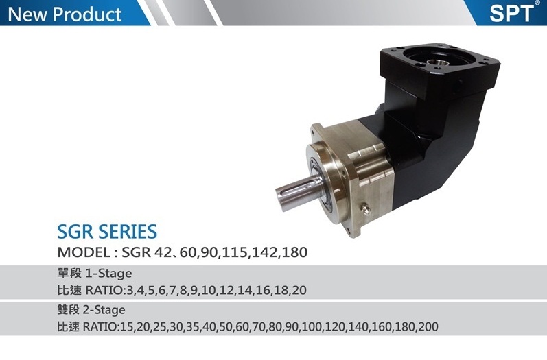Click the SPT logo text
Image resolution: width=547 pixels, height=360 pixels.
tap(511, 13)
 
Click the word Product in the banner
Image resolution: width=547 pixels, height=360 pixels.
tap(88, 14)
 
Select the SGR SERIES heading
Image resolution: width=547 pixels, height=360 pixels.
tap(107, 231)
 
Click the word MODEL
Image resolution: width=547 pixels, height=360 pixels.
tap(84, 252)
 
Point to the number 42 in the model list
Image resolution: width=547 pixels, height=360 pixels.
tap(162, 252)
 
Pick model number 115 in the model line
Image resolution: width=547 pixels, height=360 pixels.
tap(235, 252)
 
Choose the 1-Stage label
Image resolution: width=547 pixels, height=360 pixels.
tap(108, 274)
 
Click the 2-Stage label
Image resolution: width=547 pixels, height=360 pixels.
tap(104, 310)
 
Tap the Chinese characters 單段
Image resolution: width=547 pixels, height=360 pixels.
tap(69, 273)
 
